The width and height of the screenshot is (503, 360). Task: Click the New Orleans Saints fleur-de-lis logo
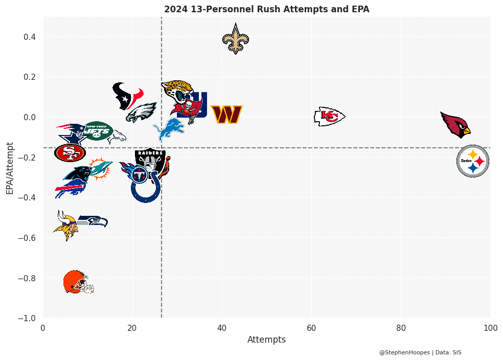[x=236, y=39]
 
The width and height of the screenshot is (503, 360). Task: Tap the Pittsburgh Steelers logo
[x=472, y=161]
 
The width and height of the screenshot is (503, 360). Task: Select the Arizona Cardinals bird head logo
[x=456, y=124]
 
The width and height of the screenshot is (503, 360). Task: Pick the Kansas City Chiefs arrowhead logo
[x=329, y=117]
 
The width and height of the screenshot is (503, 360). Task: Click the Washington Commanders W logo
[x=226, y=115]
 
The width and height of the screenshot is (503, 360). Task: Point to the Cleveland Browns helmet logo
[x=78, y=282]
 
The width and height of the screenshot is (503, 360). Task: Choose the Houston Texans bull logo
[x=127, y=96]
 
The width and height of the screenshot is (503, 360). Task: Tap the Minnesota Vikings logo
[x=66, y=226]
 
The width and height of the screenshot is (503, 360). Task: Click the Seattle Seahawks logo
[x=94, y=221]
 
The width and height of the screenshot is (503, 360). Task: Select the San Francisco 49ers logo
[x=70, y=152]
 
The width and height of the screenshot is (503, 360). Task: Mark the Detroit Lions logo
[x=169, y=129]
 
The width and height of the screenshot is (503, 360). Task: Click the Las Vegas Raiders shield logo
[x=150, y=160]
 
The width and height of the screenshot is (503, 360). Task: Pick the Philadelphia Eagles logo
[x=141, y=112]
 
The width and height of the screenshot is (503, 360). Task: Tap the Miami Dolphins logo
[x=101, y=168]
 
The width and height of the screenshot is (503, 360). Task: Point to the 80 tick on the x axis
[x=401, y=327]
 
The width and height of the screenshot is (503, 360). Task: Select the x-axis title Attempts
[x=266, y=340]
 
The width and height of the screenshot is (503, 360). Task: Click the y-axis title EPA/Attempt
[x=10, y=168]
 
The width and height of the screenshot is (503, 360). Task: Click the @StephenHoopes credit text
[x=404, y=352]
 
